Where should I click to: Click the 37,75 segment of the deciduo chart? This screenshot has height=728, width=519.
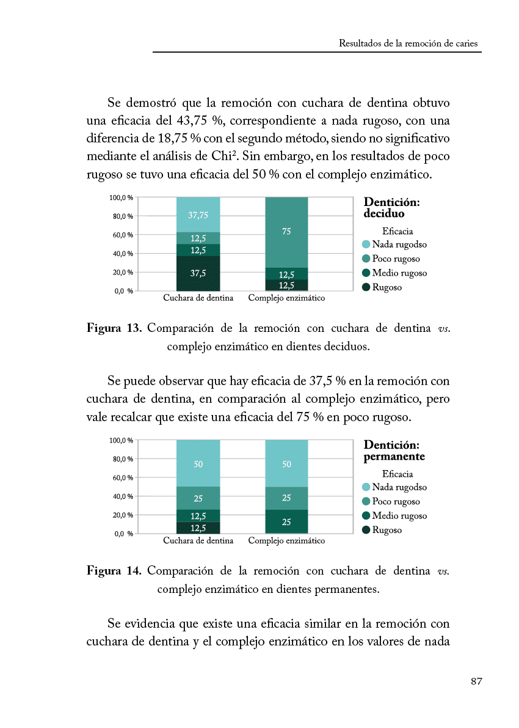[x=198, y=215]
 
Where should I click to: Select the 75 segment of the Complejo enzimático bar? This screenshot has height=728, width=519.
[x=286, y=232]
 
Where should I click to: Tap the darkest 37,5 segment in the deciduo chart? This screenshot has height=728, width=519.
[x=198, y=273]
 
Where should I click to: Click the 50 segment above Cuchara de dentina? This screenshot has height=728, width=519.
[x=198, y=464]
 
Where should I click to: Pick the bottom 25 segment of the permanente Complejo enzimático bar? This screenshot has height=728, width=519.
[x=286, y=521]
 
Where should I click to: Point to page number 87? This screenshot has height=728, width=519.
[x=476, y=682]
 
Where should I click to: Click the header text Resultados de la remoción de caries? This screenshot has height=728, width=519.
[x=408, y=43]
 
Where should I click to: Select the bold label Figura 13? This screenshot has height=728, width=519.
[x=114, y=328]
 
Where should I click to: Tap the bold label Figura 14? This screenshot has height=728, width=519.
[x=114, y=571]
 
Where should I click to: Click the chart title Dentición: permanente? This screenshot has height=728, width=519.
[x=394, y=451]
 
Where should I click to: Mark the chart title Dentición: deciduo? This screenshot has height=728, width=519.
[x=391, y=208]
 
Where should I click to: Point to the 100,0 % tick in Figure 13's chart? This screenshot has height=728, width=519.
[x=122, y=198]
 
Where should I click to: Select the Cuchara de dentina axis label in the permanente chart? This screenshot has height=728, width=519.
[x=198, y=541]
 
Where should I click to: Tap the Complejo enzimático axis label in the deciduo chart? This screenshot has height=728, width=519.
[x=286, y=298]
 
